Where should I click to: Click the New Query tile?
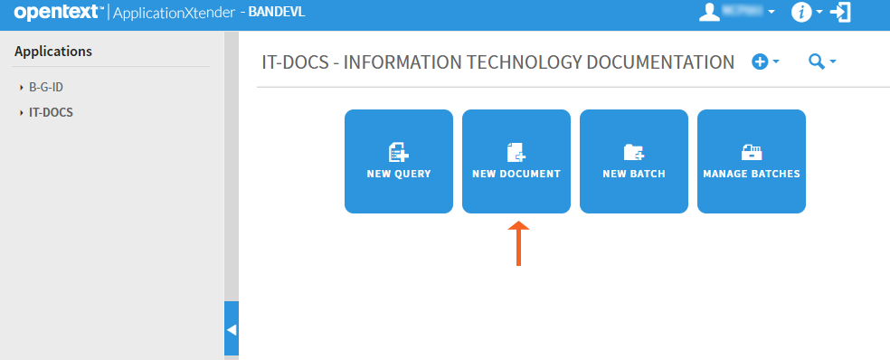[x=398, y=161]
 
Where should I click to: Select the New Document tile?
[x=516, y=161]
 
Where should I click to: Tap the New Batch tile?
[x=633, y=161]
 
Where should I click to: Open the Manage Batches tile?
[x=751, y=161]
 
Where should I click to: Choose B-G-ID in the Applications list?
[x=45, y=88]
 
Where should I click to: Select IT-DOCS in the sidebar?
[x=51, y=113]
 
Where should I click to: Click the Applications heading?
[x=53, y=52]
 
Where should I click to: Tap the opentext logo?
[x=56, y=13]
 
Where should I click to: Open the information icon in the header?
[x=800, y=12]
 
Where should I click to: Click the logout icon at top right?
[x=841, y=12]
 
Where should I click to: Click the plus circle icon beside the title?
[x=760, y=62]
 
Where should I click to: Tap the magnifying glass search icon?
[x=816, y=62]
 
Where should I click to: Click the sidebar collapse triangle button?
[x=232, y=329]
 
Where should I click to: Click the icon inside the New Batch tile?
[x=633, y=151]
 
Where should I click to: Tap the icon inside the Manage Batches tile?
[x=751, y=151]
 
